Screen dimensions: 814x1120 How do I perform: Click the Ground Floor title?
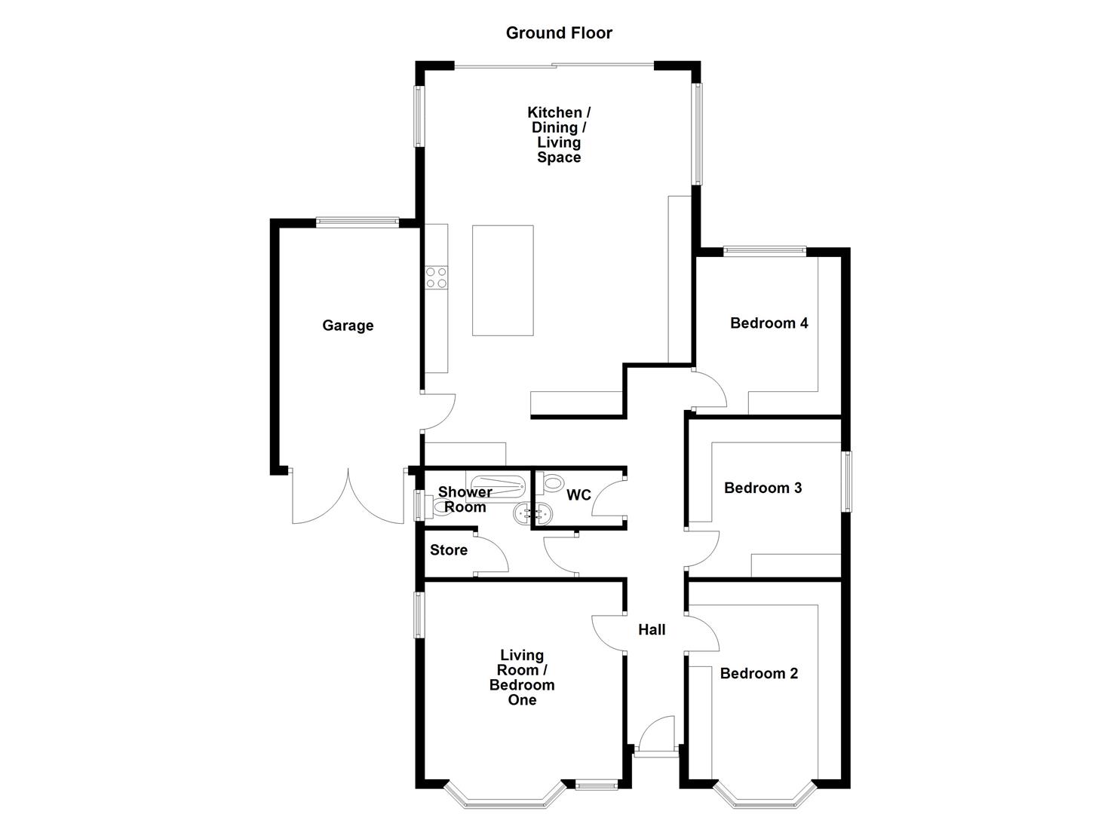click(559, 33)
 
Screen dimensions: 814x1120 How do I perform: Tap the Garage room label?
click(348, 326)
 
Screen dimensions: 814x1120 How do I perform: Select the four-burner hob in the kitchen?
click(436, 277)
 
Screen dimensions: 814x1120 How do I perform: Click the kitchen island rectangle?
click(502, 280)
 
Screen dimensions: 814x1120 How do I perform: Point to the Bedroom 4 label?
click(769, 323)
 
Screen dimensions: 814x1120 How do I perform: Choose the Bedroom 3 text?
click(763, 488)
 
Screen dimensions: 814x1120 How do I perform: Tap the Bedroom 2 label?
click(759, 674)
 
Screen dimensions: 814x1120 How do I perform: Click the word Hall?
click(652, 629)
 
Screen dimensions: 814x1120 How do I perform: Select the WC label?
click(578, 495)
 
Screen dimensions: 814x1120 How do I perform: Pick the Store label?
click(449, 550)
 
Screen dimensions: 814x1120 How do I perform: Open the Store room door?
click(492, 556)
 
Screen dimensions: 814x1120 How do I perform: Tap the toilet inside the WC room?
click(550, 482)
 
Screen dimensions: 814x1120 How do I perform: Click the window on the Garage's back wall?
click(357, 222)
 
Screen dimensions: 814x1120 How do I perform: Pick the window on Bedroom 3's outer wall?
click(846, 481)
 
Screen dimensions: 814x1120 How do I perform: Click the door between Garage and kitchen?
click(437, 412)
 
